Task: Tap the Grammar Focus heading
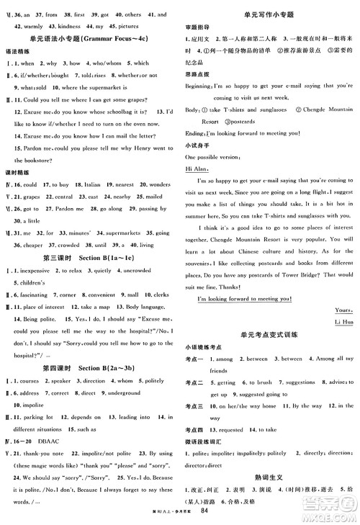106,37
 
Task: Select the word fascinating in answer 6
40,295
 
